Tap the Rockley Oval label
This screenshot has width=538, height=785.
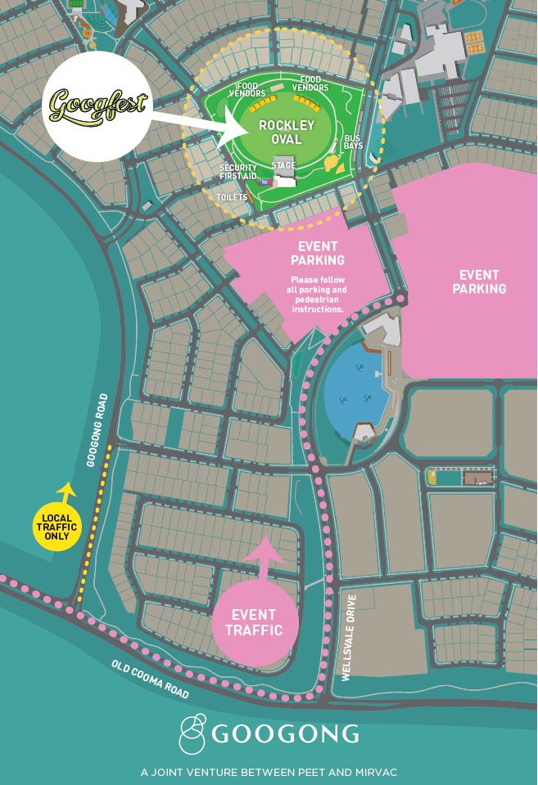(286, 132)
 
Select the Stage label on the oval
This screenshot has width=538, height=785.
(283, 166)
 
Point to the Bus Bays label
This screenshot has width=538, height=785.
(353, 141)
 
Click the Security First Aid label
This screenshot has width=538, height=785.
(238, 172)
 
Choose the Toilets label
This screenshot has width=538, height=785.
(232, 197)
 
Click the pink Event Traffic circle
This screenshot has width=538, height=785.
(256, 622)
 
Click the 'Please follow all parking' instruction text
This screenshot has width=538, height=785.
(318, 294)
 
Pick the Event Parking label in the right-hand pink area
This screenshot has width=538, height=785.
(482, 281)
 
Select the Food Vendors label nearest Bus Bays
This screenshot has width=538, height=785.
(310, 84)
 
